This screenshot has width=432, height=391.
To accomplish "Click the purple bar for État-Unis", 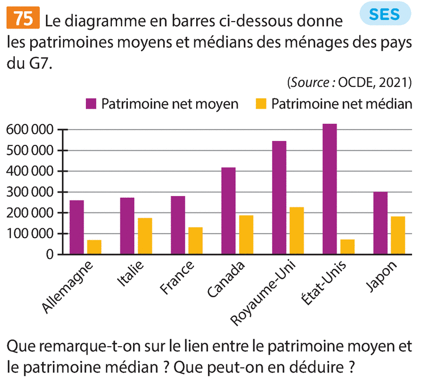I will tap(330, 189).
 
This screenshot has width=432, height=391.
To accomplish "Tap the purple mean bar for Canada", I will tap(229, 211).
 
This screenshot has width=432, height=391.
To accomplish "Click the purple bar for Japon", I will tap(380, 223).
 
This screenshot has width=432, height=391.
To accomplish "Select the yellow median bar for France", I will tap(196, 241).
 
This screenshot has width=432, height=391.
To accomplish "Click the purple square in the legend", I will tap(92, 103).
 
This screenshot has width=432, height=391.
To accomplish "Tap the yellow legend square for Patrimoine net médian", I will tap(261, 103).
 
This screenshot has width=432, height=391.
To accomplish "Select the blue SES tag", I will tap(384, 15).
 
